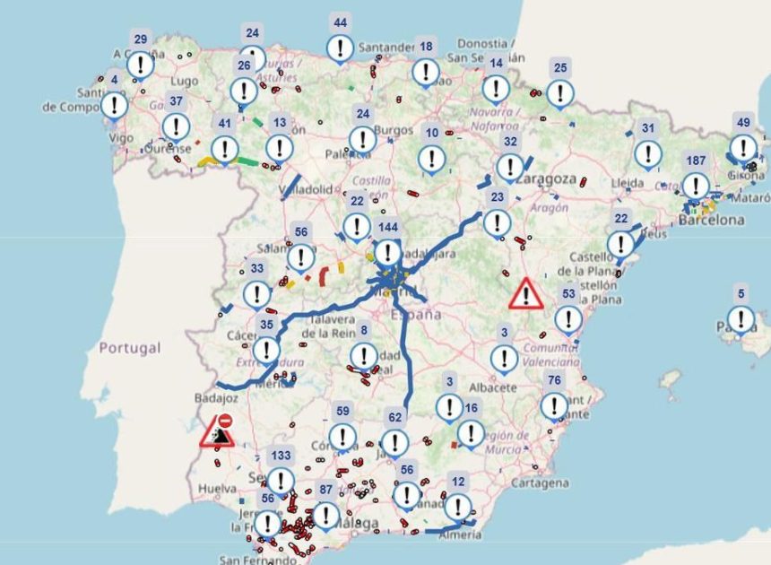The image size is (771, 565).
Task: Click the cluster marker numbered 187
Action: tap(695, 186)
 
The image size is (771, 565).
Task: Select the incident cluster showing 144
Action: tap(387, 251)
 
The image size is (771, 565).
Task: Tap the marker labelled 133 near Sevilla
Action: tap(281, 480)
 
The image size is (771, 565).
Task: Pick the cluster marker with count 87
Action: tap(325, 514)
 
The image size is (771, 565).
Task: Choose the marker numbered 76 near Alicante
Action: tap(554, 405)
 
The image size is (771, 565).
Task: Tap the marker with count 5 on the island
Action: tap(741, 318)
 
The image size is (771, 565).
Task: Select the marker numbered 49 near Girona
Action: tap(742, 147)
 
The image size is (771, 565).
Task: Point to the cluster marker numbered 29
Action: tap(141, 64)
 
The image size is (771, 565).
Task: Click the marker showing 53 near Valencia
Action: tap(567, 318)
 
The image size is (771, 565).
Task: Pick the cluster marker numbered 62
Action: tap(394, 441)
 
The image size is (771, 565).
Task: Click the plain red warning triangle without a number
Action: tap(526, 293)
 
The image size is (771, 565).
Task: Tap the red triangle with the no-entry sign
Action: tap(218, 431)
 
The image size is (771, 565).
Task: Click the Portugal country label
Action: tap(130, 347)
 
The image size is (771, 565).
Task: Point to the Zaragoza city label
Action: tap(545, 178)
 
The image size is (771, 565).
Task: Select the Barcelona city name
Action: tap(712, 220)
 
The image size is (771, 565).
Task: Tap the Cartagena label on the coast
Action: tap(539, 482)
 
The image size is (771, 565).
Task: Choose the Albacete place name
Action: tap(493, 387)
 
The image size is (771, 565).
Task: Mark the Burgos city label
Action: tap(394, 130)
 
